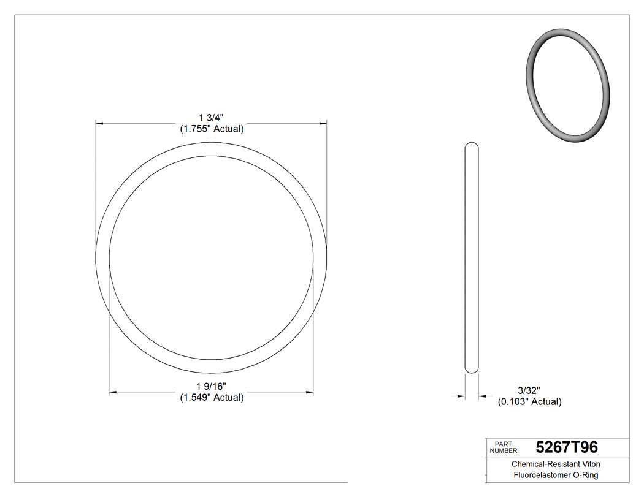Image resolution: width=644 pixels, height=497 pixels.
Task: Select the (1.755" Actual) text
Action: [212, 129]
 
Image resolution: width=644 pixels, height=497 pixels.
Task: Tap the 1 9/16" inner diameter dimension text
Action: [212, 386]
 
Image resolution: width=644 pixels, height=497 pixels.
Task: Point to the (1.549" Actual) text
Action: [212, 398]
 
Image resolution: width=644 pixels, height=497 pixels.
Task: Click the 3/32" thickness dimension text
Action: [529, 390]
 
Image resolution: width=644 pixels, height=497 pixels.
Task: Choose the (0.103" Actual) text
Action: [529, 402]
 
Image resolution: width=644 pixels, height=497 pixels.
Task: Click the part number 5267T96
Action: [567, 447]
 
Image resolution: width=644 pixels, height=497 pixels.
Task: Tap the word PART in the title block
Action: [502, 444]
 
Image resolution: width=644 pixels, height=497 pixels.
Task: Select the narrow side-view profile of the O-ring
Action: [472, 257]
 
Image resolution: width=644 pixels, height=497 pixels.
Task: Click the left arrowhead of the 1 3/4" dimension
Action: [99, 123]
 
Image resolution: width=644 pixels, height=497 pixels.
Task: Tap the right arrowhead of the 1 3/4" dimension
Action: [322, 123]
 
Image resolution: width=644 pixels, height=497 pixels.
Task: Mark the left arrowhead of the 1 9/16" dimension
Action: [113, 392]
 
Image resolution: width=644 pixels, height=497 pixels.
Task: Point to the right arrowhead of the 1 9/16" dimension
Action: [309, 392]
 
